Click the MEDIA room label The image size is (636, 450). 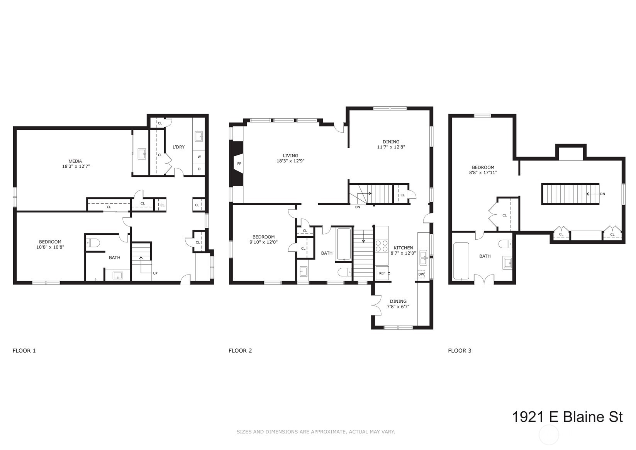click(x=75, y=161)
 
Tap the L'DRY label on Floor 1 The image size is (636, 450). click(x=178, y=147)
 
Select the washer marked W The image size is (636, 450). click(x=199, y=157)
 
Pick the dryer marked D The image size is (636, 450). click(x=199, y=169)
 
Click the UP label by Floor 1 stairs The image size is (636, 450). click(x=155, y=273)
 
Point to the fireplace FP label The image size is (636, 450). click(x=239, y=164)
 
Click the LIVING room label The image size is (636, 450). click(x=290, y=155)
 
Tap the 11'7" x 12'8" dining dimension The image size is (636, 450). click(x=391, y=147)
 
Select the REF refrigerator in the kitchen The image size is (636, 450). click(x=382, y=273)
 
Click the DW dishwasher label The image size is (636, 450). click(x=421, y=274)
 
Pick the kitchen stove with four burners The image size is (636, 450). click(x=382, y=246)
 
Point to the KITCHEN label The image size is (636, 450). click(x=403, y=248)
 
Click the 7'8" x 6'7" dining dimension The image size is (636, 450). click(x=398, y=307)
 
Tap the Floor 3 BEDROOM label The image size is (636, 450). click(x=483, y=167)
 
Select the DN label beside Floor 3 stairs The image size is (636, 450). click(x=602, y=194)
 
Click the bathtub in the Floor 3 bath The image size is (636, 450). click(x=461, y=261)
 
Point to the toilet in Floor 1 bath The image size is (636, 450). click(x=93, y=243)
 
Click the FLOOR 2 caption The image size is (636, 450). click(x=240, y=351)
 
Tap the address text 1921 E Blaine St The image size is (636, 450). click(x=567, y=417)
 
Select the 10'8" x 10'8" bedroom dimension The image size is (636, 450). click(x=50, y=247)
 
